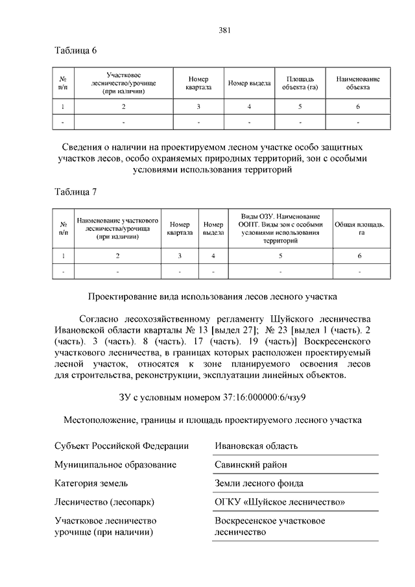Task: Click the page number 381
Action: (x=224, y=30)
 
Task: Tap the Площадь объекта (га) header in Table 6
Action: (x=300, y=83)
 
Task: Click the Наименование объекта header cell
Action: (x=357, y=83)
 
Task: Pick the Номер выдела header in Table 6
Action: (x=249, y=83)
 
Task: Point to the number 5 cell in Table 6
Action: (x=300, y=106)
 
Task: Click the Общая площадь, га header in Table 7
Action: (x=359, y=228)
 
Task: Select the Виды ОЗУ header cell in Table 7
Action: (x=280, y=228)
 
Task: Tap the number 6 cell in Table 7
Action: (x=359, y=256)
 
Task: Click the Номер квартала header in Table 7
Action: (x=180, y=228)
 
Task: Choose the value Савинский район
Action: (x=251, y=464)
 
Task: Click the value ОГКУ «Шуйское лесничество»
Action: (x=279, y=502)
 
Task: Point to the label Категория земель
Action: (x=91, y=483)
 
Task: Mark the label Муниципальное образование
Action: (x=115, y=464)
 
